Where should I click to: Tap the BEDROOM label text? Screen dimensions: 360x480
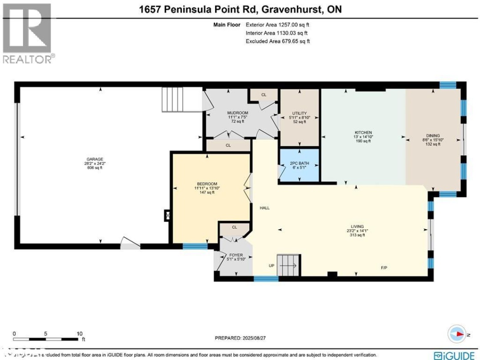pyautogui.click(x=208, y=184)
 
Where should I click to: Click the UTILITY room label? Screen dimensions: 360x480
pyautogui.click(x=300, y=113)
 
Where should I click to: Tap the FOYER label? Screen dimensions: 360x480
pyautogui.click(x=233, y=255)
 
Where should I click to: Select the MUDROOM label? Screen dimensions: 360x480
pyautogui.click(x=237, y=113)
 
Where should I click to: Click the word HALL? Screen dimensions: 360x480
pyautogui.click(x=265, y=208)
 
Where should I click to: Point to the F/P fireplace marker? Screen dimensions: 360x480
pyautogui.click(x=384, y=268)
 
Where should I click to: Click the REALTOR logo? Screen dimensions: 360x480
pyautogui.click(x=28, y=33)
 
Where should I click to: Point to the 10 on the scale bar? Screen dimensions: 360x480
pyautogui.click(x=80, y=333)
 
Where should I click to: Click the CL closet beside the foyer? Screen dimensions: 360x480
pyautogui.click(x=234, y=227)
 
